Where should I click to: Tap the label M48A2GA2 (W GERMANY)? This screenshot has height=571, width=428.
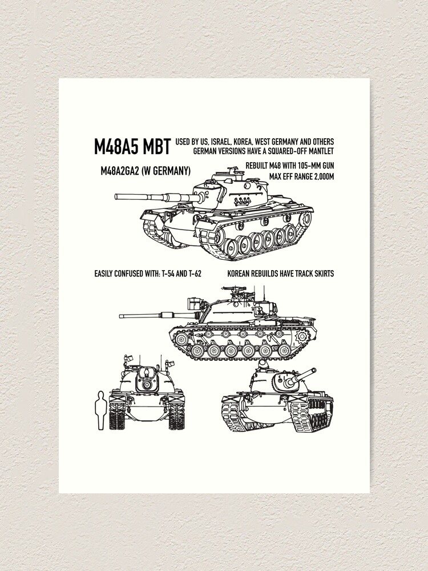click(x=146, y=171)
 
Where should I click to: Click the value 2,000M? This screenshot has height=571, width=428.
click(x=320, y=175)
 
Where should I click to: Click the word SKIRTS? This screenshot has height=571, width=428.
click(x=321, y=274)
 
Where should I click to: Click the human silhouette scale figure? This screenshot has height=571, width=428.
click(x=102, y=409)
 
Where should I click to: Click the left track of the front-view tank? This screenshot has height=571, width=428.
click(x=117, y=416)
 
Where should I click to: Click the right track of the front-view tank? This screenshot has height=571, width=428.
click(x=177, y=416)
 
